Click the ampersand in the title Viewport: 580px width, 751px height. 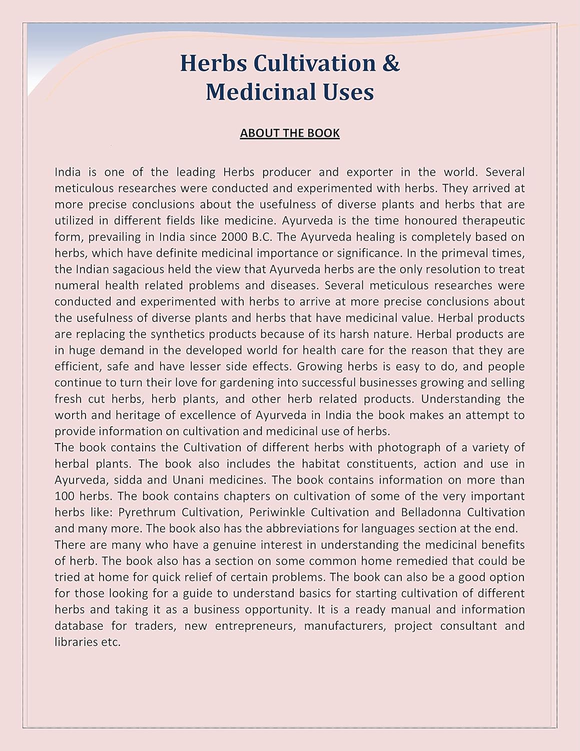pyautogui.click(x=391, y=64)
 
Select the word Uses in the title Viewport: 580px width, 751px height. pyautogui.click(x=348, y=92)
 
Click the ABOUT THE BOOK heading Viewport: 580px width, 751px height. pyautogui.click(x=290, y=133)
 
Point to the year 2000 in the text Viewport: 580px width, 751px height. pyautogui.click(x=227, y=237)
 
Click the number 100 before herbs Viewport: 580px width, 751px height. pyautogui.click(x=64, y=496)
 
